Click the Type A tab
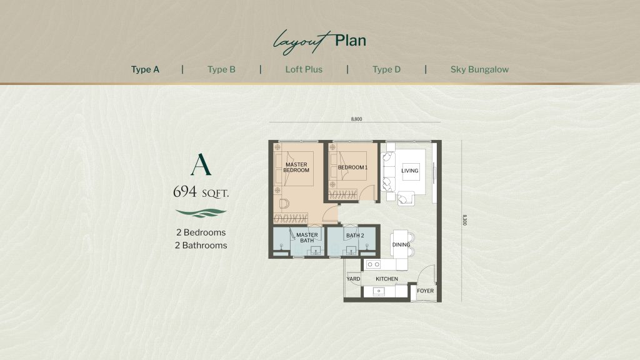coord(145,69)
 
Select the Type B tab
coord(221,69)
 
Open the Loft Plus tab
coord(304,69)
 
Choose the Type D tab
coord(386,69)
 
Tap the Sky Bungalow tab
coord(479,69)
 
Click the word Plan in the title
coord(350,41)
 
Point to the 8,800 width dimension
coord(356,119)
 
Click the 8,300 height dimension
coord(464,220)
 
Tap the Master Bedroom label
coord(296,167)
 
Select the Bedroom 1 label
coord(352,167)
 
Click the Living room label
coord(410,171)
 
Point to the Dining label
coord(401,244)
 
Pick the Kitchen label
coord(386,279)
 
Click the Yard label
coord(353,279)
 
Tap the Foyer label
coord(425,291)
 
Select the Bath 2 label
coord(355,236)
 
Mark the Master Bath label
coord(307,237)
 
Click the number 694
coord(185,191)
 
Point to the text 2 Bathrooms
coord(201,245)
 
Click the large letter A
coord(201,164)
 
